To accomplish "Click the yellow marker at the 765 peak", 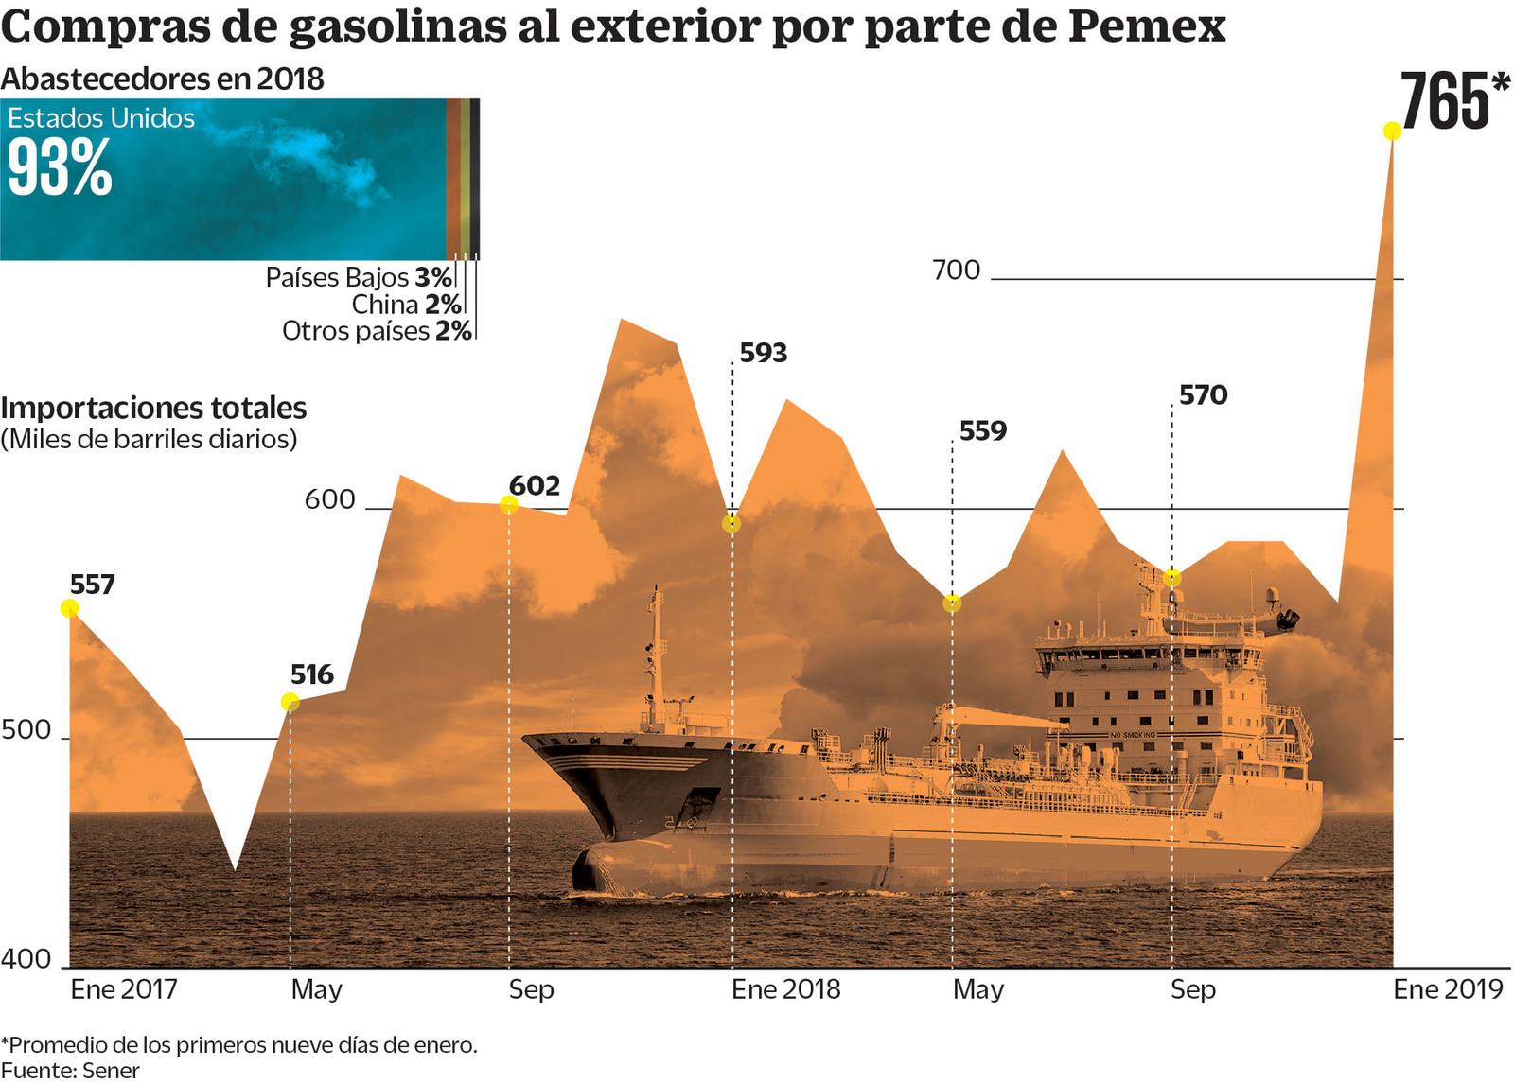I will [1392, 131].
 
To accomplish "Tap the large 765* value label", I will [1453, 101].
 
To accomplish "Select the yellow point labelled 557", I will [69, 608].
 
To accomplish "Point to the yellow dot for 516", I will [290, 702].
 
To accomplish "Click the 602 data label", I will [535, 485].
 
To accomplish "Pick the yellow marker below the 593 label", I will [731, 523].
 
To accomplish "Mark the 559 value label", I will [983, 430].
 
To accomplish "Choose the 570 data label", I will [1203, 394].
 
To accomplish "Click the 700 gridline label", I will [956, 271].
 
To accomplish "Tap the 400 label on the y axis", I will [26, 959].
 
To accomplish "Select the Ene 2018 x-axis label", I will [785, 989].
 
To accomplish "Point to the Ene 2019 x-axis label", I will [1448, 989].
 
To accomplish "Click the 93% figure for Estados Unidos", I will [60, 168].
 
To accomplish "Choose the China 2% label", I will [405, 305].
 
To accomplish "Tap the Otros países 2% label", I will [376, 331].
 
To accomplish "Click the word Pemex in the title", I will [1147, 26].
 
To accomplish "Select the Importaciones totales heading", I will [153, 408].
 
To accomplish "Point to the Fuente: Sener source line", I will [70, 1071].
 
